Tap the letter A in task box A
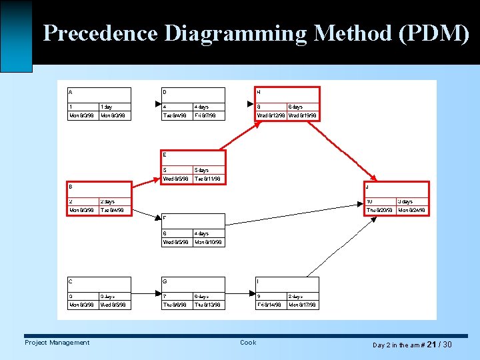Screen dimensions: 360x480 pos(71,91)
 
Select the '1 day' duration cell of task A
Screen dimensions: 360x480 pos(107,107)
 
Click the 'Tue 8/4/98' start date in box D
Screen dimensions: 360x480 pos(175,116)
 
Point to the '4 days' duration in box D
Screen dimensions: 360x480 pos(201,107)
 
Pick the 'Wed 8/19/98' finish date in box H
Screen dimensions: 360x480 pos(303,116)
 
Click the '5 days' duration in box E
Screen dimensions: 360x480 pos(201,170)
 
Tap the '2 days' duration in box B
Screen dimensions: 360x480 pos(107,201)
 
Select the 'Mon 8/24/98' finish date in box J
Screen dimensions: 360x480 pos(411,211)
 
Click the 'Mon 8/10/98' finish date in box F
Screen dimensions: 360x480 pos(207,243)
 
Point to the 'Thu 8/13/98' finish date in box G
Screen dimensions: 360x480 pos(207,305)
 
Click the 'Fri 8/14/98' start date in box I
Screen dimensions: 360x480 pos(270,305)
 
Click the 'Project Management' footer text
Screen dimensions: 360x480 pos(57,343)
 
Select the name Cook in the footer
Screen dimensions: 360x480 pos(248,343)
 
